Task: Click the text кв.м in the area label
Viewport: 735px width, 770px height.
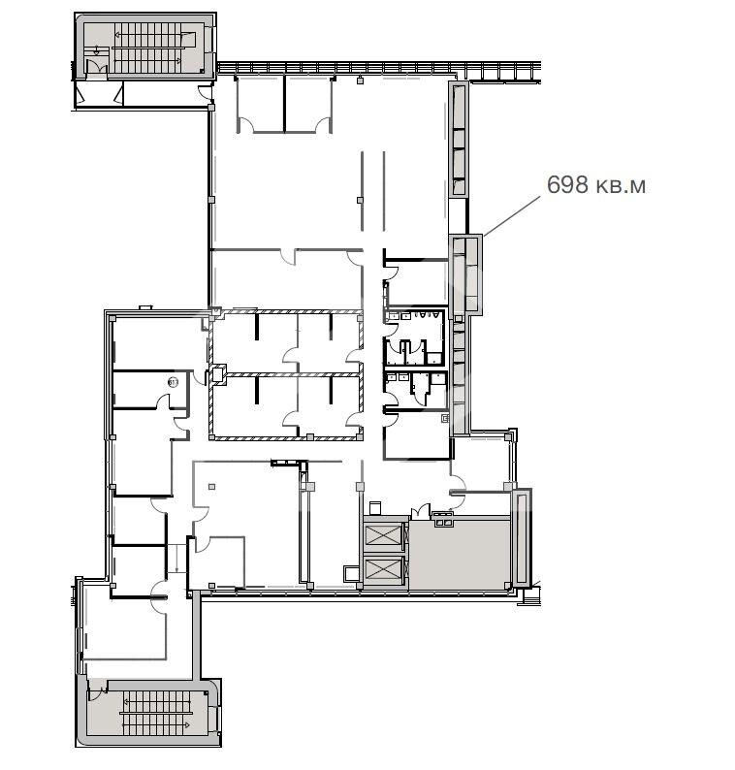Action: (x=621, y=186)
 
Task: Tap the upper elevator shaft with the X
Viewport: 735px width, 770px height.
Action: (x=383, y=534)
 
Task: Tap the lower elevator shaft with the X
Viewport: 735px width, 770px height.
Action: (x=383, y=570)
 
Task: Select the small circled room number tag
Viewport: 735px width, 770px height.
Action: (x=173, y=381)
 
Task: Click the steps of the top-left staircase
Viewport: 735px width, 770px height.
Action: (x=147, y=48)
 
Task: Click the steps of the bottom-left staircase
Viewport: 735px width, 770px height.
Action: (x=156, y=713)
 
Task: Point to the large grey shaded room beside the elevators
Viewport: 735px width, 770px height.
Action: (x=459, y=554)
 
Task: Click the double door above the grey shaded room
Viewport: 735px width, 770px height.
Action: (x=421, y=512)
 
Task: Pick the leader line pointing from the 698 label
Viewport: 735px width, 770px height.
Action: (x=511, y=216)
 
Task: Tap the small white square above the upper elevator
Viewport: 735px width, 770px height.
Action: (x=375, y=508)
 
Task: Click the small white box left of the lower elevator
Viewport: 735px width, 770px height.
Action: (x=352, y=573)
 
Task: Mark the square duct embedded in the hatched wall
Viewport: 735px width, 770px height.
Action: (x=217, y=375)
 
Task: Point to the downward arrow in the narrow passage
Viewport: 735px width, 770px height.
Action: (x=176, y=559)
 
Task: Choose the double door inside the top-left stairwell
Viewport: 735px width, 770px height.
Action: (x=96, y=68)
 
